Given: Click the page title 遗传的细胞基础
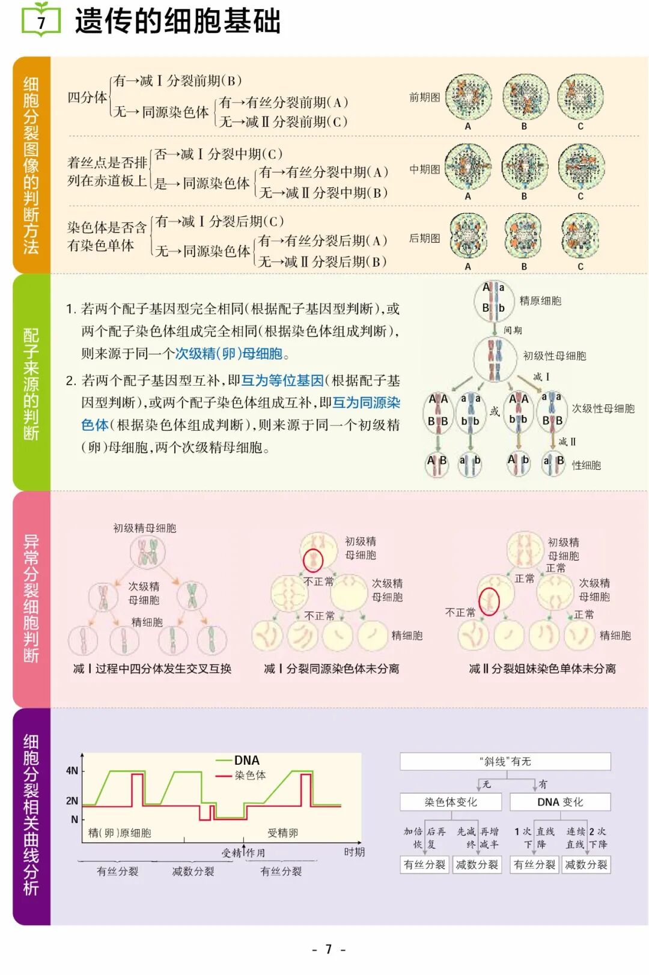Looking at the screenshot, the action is pos(178,21).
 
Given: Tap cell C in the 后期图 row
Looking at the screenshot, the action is pos(580,235).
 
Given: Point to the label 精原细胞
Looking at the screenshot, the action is pos(540,300).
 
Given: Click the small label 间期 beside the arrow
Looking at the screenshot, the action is pos(513,330).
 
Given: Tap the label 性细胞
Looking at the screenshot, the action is pos(586,465).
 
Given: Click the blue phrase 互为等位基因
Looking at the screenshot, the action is pos(282,380).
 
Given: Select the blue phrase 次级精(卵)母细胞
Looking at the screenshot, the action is pos(228,353).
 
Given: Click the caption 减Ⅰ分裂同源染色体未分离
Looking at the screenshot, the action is pos(331,669).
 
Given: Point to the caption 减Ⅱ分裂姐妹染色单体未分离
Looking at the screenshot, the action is pos(542,669).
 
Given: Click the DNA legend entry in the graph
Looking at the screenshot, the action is pos(246,761).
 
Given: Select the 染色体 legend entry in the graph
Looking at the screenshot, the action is pos(250,776).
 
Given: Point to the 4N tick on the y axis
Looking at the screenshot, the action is pos(72,771).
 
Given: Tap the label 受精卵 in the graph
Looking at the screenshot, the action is pos(282,833).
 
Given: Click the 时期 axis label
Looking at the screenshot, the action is pos(354,852).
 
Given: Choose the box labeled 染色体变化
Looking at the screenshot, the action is pos(451,802).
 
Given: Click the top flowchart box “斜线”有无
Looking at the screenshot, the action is pos(505,762).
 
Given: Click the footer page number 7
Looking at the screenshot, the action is pos(328,949).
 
